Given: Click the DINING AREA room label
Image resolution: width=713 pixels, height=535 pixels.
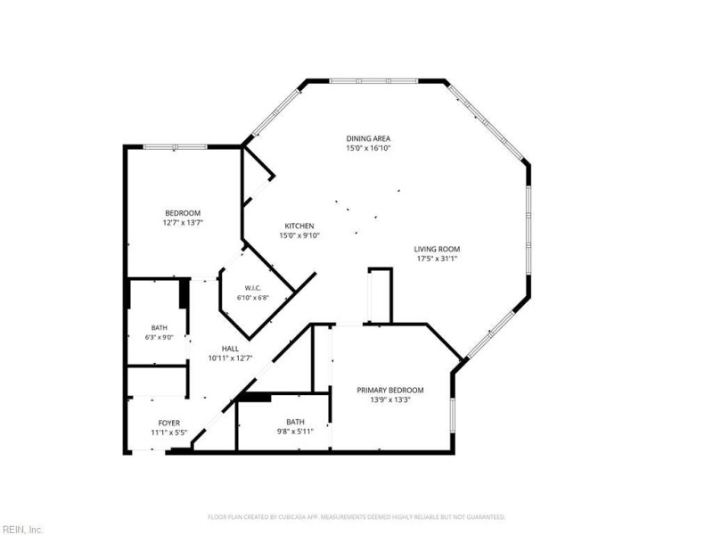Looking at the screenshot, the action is click(x=368, y=139).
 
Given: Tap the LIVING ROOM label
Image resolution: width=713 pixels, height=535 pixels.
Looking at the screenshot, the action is click(x=437, y=249).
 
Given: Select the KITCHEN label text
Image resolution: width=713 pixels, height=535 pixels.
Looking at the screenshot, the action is click(x=299, y=226).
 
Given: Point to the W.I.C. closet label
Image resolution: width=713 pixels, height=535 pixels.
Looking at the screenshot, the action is click(x=253, y=288).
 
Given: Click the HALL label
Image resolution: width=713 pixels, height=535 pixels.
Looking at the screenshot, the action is click(x=230, y=349).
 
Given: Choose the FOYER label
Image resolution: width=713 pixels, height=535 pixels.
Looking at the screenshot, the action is click(x=169, y=423).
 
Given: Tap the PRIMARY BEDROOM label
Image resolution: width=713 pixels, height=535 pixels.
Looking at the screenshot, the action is click(x=390, y=390).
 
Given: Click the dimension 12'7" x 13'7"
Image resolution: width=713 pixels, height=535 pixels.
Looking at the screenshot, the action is click(x=183, y=223).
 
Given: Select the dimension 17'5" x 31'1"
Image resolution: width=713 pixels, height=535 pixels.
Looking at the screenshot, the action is click(x=437, y=259).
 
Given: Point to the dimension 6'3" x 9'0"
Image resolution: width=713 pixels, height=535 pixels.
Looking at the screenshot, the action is click(x=160, y=338).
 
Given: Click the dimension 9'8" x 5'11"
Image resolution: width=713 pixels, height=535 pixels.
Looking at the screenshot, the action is click(x=296, y=432).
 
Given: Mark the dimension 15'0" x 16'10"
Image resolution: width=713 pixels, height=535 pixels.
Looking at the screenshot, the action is click(x=368, y=148).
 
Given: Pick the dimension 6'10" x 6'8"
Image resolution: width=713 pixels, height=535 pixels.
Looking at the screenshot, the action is click(x=253, y=298).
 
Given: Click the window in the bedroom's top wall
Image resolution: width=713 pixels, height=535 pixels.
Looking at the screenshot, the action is click(x=176, y=146).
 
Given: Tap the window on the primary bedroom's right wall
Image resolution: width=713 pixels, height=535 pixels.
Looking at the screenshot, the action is click(x=452, y=415).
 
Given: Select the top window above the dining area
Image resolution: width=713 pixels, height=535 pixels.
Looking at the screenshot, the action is click(x=373, y=81).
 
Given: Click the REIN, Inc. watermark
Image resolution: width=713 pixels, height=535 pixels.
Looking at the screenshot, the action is click(x=21, y=530).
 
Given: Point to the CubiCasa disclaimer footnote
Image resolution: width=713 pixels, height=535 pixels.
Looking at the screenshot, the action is click(x=356, y=517).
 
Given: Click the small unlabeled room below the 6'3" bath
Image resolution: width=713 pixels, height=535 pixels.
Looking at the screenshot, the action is click(x=158, y=381).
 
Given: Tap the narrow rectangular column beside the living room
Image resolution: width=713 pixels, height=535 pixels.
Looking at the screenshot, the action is click(x=381, y=296).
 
